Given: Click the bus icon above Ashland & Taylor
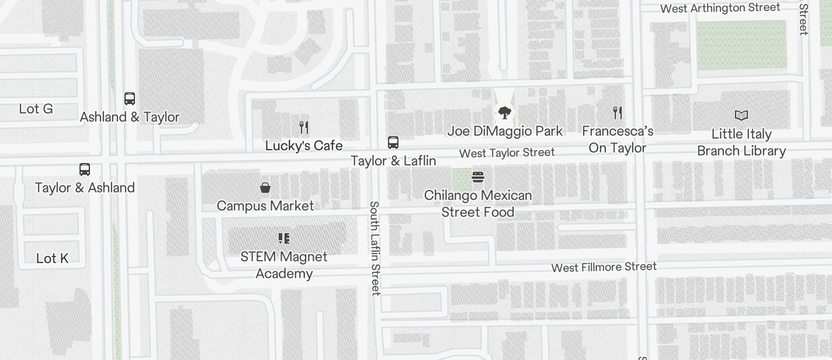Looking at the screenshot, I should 130,98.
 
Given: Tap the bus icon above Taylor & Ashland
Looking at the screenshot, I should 85,169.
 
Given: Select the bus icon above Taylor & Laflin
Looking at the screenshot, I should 393,142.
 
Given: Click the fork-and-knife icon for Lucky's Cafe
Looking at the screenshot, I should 303,127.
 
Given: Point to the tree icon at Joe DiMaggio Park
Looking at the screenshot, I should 505,112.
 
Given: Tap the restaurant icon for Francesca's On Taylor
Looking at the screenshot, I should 618,112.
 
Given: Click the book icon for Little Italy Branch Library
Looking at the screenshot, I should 741,116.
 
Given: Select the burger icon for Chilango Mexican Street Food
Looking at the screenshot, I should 478,176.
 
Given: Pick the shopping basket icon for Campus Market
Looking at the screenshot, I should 265,187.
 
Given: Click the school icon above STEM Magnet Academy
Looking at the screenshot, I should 284,238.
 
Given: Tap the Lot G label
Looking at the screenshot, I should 36,109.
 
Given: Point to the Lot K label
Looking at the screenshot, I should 53,258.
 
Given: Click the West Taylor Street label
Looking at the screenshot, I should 507,153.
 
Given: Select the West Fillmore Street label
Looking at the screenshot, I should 604,267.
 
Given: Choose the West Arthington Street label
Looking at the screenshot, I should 720,8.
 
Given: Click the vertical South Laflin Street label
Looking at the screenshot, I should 375,248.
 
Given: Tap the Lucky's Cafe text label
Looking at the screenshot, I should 304,146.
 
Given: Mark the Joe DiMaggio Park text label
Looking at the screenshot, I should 505,131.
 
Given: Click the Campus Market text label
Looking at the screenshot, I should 265,206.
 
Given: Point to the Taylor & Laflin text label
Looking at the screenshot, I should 393,161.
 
